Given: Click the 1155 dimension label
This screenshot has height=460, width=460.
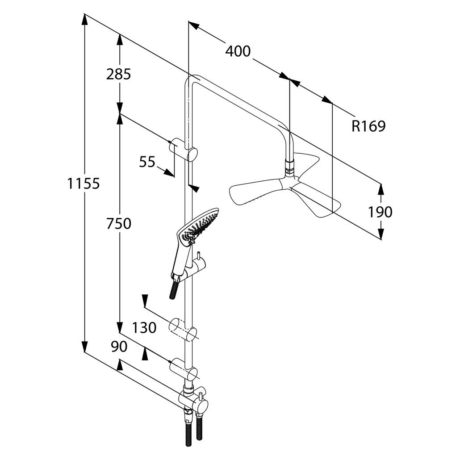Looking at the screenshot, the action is pos(84,184).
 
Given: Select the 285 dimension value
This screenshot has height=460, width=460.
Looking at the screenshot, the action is pos(118,74).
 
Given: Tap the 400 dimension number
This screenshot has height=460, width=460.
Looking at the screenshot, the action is pos(238,51).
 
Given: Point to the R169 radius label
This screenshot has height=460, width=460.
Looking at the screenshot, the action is pos(368,126).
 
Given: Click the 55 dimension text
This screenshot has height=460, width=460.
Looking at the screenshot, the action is pos(147,162).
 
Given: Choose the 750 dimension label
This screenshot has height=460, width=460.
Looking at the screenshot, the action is pos(118,224).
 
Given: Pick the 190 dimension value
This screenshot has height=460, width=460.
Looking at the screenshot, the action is pos(380,212).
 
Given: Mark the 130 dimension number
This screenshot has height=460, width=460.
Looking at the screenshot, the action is pos(144,327).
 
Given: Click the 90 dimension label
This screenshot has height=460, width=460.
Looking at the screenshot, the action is pos(119,347).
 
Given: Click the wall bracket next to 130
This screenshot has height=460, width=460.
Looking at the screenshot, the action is pos(184,329).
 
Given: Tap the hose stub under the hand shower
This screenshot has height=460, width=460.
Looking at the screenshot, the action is pos(174,289).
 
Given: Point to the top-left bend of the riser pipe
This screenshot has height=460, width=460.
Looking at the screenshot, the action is pos(189,81).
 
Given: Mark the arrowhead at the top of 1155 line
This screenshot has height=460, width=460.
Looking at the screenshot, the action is pos(85,20).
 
